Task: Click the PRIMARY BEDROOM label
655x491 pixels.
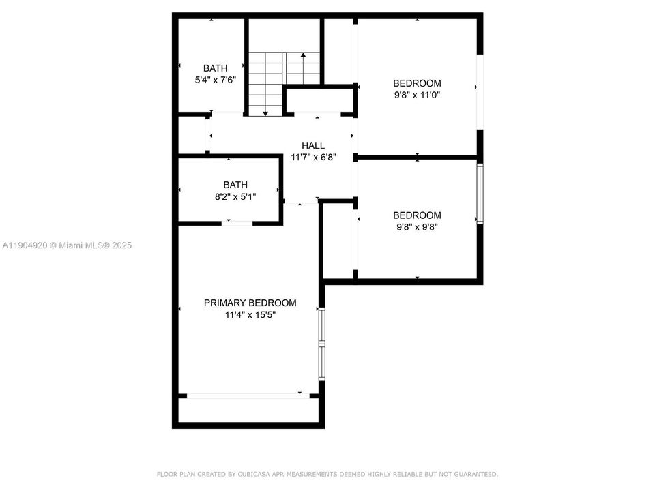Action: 250,303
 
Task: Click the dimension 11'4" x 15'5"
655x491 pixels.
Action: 250,315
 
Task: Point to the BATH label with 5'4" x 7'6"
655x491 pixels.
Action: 215,68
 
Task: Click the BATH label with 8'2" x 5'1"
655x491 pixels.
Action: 235,185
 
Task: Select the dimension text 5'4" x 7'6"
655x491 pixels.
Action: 215,80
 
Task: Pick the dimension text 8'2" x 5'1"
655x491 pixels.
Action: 235,197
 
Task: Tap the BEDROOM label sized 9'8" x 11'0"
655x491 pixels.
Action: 417,83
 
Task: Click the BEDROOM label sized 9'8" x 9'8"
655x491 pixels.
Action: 417,215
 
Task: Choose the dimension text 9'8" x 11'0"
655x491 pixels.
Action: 417,95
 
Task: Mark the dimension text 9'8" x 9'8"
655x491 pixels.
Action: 417,227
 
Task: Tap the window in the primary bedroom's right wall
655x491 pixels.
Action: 322,342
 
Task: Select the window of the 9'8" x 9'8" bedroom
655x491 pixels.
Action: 480,194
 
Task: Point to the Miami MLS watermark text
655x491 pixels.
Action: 67,245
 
